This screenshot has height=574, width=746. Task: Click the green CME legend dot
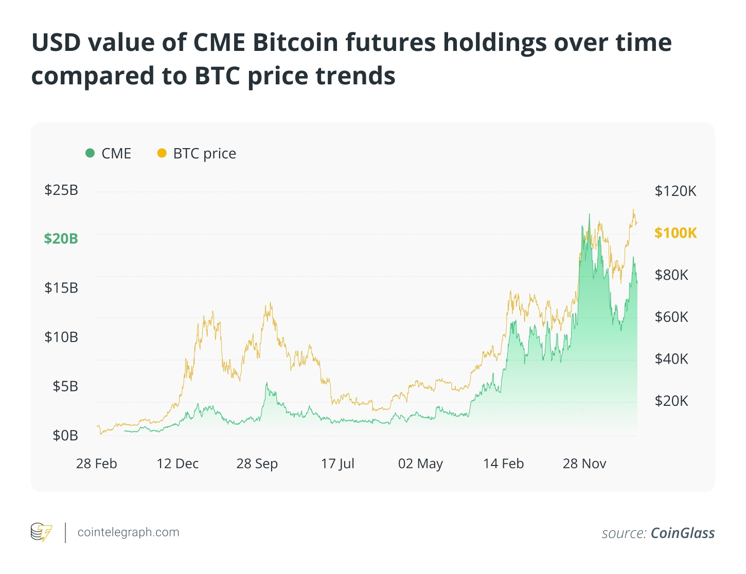pos(90,153)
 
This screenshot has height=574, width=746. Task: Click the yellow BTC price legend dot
pos(162,153)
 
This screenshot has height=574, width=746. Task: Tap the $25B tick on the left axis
pos(61,190)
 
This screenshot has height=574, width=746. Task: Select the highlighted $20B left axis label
pos(61,239)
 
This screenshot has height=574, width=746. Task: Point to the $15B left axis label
pos(61,288)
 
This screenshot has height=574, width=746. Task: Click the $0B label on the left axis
pos(65,436)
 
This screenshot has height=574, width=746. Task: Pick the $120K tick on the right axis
pos(675,191)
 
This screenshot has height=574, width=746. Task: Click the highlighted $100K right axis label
pos(676,233)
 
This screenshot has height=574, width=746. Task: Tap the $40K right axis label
pos(671,359)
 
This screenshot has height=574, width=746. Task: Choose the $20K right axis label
pos(671,401)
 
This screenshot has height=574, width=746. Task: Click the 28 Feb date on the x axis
pos(97,464)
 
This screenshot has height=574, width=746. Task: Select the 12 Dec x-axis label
pos(177,464)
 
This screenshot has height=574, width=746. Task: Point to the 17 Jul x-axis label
pos(338,464)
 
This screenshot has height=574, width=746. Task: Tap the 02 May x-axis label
pos(420,464)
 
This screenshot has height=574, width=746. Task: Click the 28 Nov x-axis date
pos(584,464)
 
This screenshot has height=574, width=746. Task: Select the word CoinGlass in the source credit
pos(683,533)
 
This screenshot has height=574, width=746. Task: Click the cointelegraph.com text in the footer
pos(128,532)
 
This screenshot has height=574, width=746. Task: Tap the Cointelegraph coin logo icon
pos(42,532)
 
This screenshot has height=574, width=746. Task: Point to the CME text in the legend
pos(116,153)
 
